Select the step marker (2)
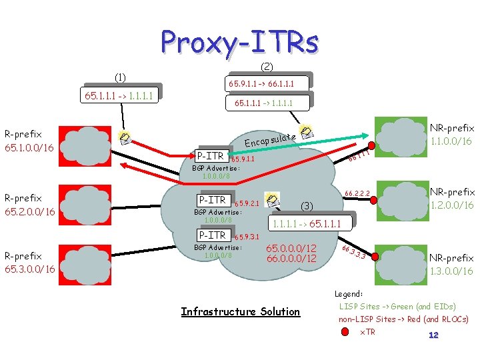coord(266,66)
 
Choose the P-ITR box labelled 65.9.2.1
coord(213,200)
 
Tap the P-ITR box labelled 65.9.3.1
coord(212,235)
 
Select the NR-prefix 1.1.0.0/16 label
coord(451,135)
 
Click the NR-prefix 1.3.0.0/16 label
coord(451,265)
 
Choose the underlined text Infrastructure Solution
coord(241,311)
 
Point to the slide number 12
coord(433,335)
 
